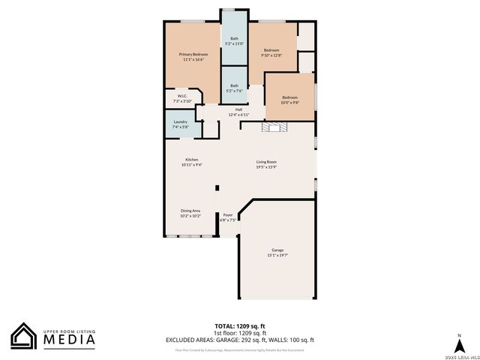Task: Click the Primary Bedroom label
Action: (193, 57)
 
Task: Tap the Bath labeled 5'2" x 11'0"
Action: (235, 40)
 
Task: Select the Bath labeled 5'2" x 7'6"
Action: (235, 88)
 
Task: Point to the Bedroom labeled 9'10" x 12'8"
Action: (271, 52)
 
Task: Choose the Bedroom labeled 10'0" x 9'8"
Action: (289, 100)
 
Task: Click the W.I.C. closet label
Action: (181, 98)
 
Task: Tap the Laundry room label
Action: (180, 124)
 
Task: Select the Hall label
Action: (238, 112)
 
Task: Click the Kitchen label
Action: (191, 162)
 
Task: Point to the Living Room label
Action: (266, 164)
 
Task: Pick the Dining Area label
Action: (190, 213)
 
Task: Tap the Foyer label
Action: (227, 217)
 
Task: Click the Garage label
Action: (277, 252)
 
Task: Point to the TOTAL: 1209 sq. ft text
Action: (240, 326)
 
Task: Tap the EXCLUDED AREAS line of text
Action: (240, 340)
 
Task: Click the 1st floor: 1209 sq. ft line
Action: (240, 334)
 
